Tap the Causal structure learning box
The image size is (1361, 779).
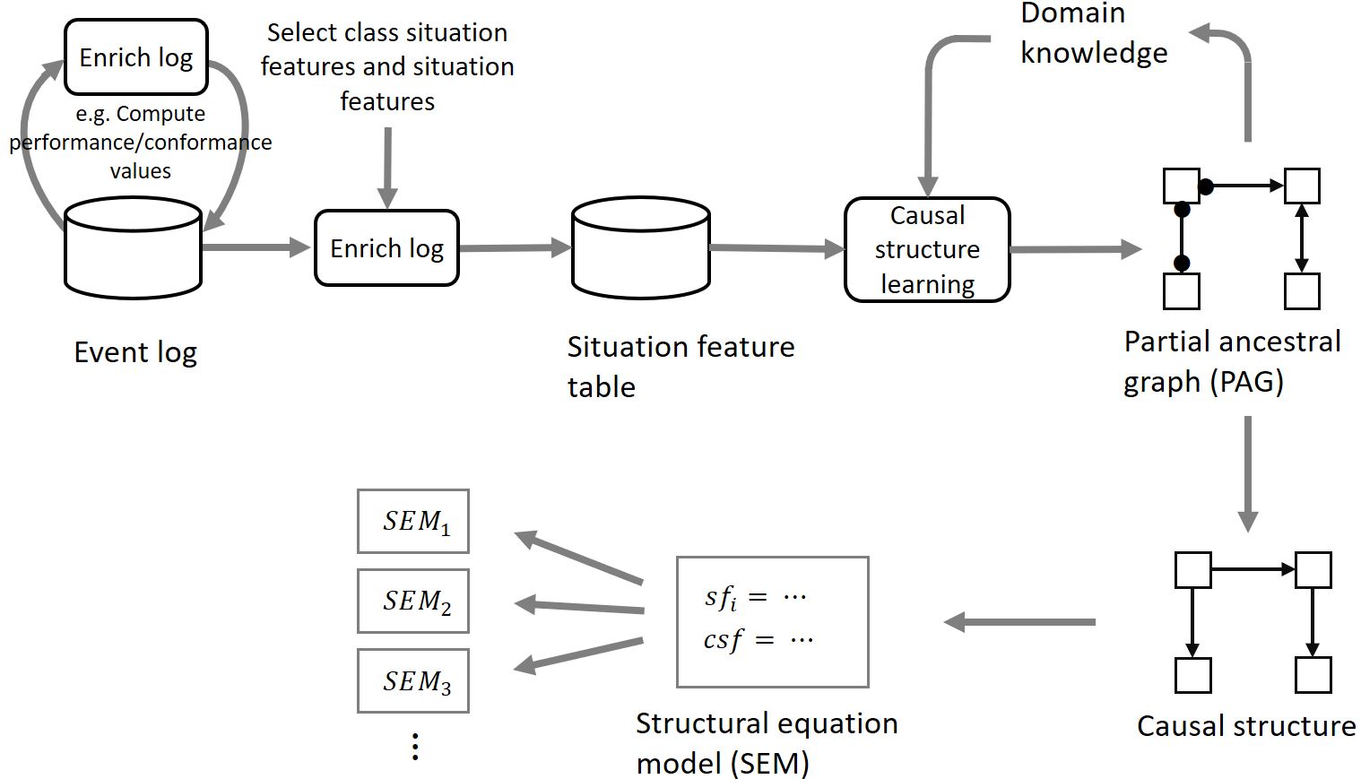pos(927,249)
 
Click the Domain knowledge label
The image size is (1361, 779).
pos(1093,34)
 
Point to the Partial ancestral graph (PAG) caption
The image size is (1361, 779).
pos(1231,361)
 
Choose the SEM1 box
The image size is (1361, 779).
pos(413,521)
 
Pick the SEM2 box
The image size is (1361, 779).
pos(413,601)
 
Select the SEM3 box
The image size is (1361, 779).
pos(413,680)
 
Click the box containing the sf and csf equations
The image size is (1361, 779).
pos(772,621)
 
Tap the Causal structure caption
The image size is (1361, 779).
pos(1245,725)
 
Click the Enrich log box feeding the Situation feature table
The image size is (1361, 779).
pos(386,248)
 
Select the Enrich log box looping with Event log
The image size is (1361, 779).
pos(136,57)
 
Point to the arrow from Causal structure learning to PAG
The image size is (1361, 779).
pos(1074,249)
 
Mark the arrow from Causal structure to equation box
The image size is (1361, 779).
pos(1019,621)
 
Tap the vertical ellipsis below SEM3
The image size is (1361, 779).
pos(415,746)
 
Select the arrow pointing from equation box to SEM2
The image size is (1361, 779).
pos(579,607)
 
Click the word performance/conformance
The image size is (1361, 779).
pos(141,143)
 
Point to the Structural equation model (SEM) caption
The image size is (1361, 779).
pos(767,743)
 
